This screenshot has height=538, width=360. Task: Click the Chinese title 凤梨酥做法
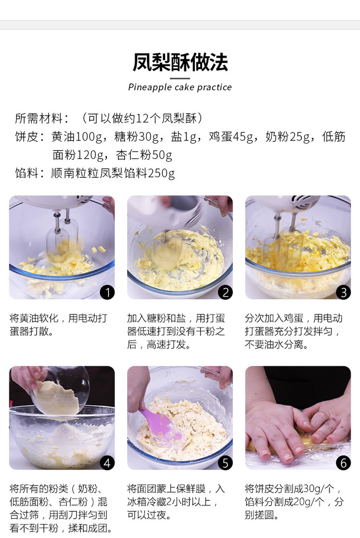[180, 62]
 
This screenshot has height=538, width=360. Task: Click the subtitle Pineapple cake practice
[180, 87]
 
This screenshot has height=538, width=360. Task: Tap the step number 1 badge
[108, 292]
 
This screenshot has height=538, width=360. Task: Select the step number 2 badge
[225, 292]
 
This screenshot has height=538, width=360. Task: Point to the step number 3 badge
[343, 292]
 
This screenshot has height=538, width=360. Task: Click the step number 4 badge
[108, 463]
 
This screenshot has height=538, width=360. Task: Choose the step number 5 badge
[225, 463]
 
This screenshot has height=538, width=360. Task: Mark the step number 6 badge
[343, 463]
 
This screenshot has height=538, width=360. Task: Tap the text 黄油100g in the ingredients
[77, 137]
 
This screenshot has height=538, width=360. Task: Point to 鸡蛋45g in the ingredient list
[231, 137]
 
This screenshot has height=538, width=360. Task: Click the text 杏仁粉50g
[144, 155]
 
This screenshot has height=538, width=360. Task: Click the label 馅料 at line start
[27, 173]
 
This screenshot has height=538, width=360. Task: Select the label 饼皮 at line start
[27, 137]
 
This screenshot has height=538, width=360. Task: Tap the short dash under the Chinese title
[180, 78]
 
